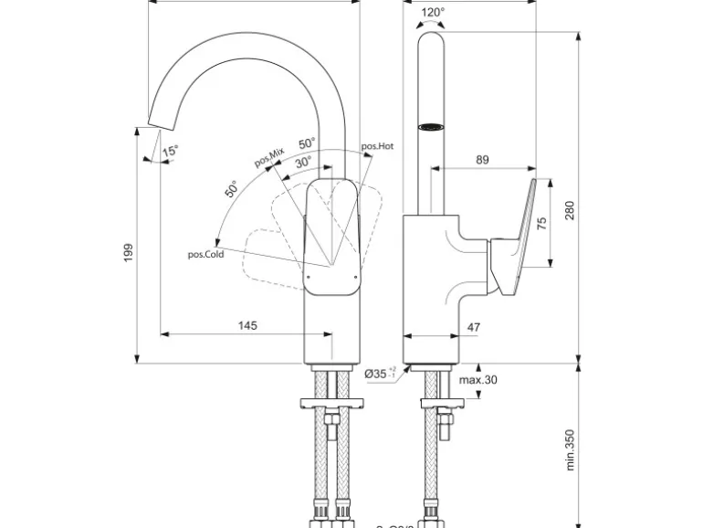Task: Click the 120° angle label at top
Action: pos(434,13)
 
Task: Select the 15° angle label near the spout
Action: pos(171,151)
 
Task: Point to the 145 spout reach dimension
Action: pos(247,325)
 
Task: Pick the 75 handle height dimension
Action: pos(540,225)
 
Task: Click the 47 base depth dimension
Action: pos(473,326)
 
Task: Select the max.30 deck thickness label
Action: pos(477,380)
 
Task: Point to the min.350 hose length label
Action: pos(569,449)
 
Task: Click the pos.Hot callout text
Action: pos(377,146)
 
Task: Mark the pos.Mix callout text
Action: pos(270,157)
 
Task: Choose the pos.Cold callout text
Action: pos(205,255)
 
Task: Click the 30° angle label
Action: pos(303,161)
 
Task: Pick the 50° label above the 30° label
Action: pos(307,143)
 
